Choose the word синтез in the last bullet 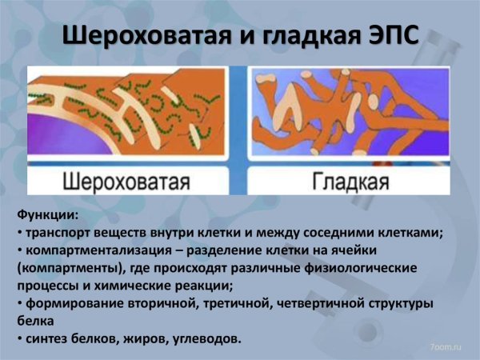click(x=46, y=339)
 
